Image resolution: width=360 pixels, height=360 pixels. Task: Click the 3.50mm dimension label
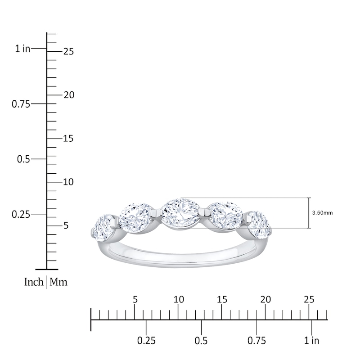pos(322,213)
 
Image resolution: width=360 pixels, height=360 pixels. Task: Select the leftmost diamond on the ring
pos(104,227)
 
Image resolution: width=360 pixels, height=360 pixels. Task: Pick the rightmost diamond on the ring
pos(258,225)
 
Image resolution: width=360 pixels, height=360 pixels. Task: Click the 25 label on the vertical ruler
pos(68,52)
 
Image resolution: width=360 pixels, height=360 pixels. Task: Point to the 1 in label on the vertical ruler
pos(22,49)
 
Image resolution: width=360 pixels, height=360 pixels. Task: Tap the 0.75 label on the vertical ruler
pos(20,104)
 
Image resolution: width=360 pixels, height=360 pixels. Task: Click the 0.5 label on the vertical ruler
pos(23,159)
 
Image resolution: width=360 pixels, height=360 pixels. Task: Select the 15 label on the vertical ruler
pos(68,139)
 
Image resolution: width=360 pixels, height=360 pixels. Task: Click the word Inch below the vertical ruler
pos(34,282)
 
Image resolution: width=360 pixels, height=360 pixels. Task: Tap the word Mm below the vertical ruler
pos(58,282)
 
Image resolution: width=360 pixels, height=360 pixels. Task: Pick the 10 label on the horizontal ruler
pos(178,299)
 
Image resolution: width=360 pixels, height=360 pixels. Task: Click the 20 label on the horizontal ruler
pos(265,299)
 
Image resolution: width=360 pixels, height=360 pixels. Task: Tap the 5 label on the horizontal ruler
pos(135,299)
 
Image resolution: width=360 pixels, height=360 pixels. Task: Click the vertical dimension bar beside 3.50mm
pos(309,213)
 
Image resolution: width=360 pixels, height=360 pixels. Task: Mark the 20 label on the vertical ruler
pos(68,95)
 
